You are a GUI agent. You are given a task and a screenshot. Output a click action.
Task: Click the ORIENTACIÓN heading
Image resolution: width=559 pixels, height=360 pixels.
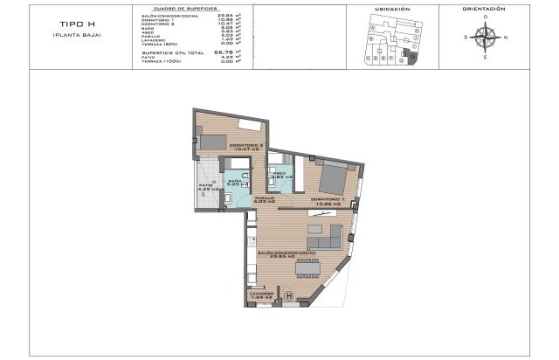pos(486,8)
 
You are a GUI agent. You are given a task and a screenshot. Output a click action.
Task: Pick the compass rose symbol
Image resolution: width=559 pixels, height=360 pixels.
pos(485,36)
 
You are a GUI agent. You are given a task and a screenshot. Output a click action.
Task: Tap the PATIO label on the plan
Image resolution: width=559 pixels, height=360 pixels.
pos(206,188)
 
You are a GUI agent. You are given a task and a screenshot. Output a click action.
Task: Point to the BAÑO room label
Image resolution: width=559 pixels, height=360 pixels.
pos(235,183)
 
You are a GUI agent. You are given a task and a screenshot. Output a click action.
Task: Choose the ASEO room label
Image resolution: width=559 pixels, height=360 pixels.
pos(281,175)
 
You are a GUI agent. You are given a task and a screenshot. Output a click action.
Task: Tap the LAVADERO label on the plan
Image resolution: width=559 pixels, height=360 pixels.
pos(261,294)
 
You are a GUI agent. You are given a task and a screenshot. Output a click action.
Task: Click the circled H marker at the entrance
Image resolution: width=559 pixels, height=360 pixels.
pos(288,294)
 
